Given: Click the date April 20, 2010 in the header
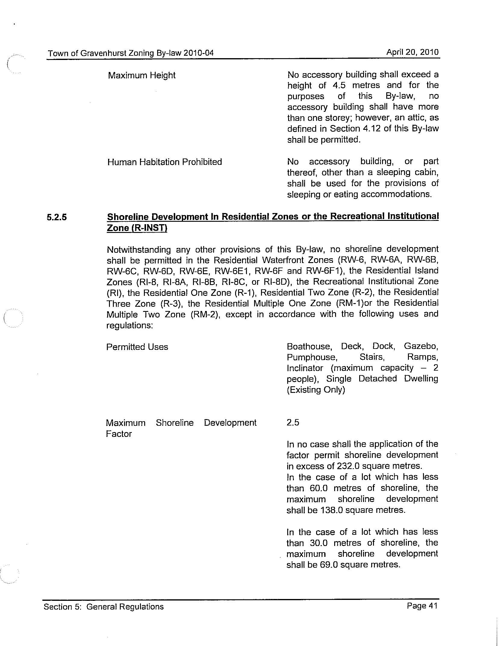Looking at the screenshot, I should (x=412, y=52).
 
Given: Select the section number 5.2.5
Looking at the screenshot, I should (x=57, y=217).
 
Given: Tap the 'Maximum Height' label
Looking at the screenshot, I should (x=142, y=75).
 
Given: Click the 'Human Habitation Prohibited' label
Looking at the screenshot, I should (x=164, y=162).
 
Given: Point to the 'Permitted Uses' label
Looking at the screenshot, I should (x=137, y=347).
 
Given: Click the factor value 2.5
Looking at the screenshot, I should (x=293, y=422).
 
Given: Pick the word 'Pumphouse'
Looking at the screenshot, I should (x=312, y=357).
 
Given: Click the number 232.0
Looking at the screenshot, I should (x=347, y=466).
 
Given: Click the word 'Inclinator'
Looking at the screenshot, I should (x=305, y=368).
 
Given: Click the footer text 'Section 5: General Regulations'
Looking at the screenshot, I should (x=104, y=607).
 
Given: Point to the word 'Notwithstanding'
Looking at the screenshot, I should (x=138, y=250).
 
